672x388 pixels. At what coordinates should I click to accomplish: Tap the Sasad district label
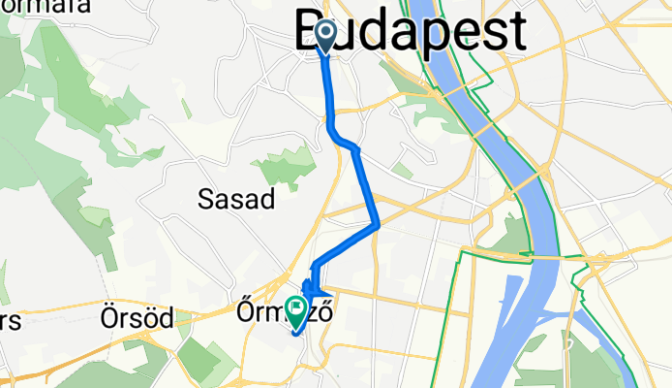[236, 200]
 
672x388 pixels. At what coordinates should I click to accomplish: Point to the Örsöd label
[137, 316]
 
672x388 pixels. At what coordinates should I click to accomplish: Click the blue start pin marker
[323, 37]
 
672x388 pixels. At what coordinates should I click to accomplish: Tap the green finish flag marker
[293, 311]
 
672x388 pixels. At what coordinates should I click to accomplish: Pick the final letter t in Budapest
[518, 31]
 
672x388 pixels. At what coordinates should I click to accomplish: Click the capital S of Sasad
[204, 200]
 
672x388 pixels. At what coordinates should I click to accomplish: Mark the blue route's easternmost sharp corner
[377, 224]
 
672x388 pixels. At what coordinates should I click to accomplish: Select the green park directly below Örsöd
[199, 361]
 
